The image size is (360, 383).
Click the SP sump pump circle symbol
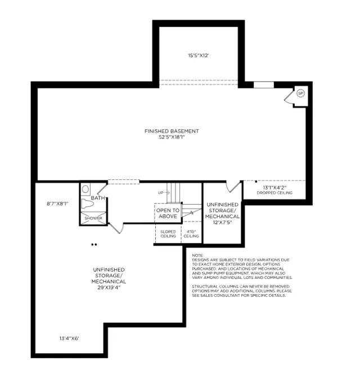pos(300,93)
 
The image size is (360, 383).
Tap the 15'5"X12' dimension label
pos(199,56)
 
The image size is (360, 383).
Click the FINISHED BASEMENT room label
pos(172,131)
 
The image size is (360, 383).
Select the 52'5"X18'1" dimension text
pos(172,137)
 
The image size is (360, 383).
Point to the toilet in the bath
pos(87,204)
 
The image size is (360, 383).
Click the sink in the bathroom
pos(85,189)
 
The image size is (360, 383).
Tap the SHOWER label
pos(93,218)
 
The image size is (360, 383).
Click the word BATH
pos(98,198)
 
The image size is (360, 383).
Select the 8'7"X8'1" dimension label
pos(57,204)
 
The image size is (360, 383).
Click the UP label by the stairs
pos(160,193)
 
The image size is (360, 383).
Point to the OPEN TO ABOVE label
pos(168,213)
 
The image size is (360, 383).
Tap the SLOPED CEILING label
pos(168,234)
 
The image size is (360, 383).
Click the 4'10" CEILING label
pos(191,234)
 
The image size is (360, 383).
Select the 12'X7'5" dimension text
pos(222,223)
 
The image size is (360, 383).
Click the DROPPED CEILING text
pos(274,193)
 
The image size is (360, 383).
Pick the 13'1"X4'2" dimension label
pos(274,188)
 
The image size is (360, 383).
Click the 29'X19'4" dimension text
pos(109,287)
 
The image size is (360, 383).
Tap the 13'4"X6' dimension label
pos(69,339)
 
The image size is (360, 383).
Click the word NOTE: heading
pos(197,255)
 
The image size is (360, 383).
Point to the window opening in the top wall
pos(264,85)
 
